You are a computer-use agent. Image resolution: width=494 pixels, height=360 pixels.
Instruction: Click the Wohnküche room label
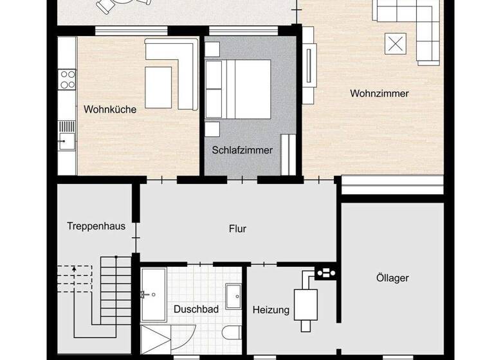pyautogui.click(x=110, y=110)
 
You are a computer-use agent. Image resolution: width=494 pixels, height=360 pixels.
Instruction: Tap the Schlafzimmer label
pyautogui.click(x=242, y=150)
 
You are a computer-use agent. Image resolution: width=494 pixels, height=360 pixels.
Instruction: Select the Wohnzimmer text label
pyautogui.click(x=380, y=94)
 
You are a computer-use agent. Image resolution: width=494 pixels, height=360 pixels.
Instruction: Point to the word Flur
pyautogui.click(x=237, y=228)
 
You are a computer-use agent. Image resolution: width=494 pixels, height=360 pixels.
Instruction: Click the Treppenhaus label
pyautogui.click(x=96, y=226)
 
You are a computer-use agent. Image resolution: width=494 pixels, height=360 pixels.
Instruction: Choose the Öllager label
pyautogui.click(x=392, y=278)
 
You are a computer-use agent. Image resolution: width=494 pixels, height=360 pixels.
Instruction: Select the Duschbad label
pyautogui.click(x=196, y=309)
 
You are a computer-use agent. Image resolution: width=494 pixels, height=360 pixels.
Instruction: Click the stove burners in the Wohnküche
pyautogui.click(x=67, y=79)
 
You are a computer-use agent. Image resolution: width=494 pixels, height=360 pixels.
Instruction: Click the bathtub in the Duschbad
pyautogui.click(x=153, y=294)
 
